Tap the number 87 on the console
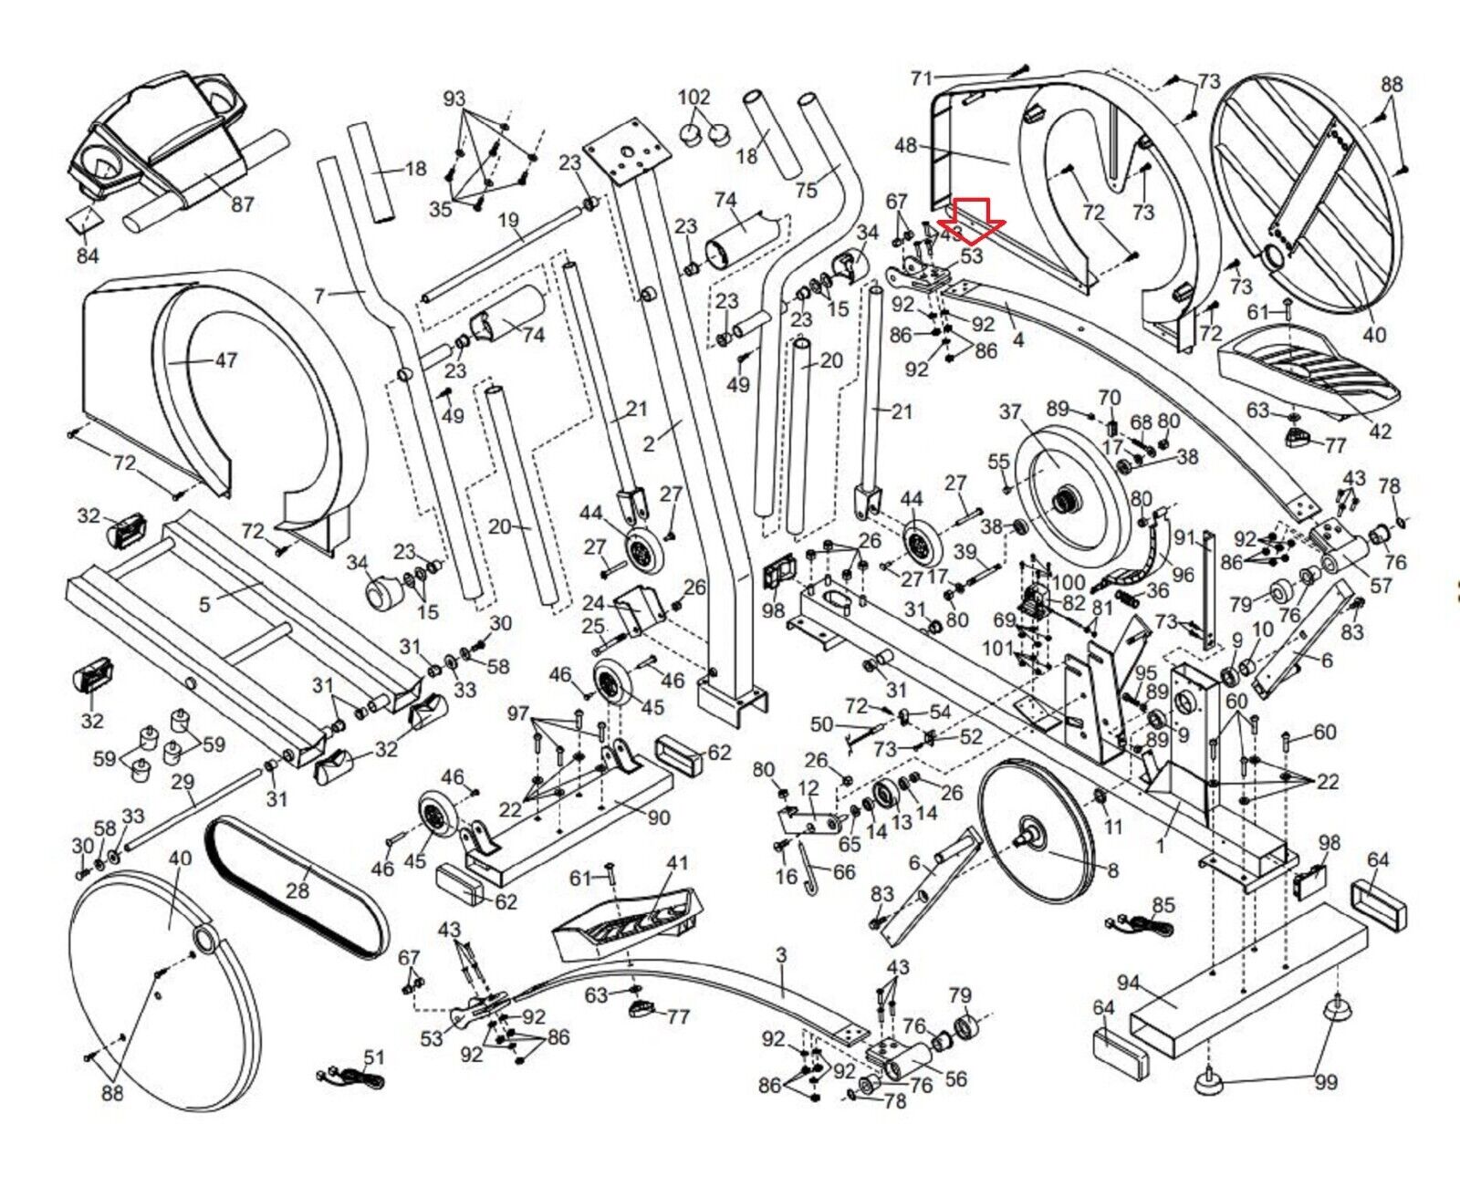click(x=242, y=203)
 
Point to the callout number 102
click(x=693, y=97)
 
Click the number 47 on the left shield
click(x=225, y=360)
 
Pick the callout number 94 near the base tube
click(x=1129, y=983)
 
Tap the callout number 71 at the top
click(x=922, y=78)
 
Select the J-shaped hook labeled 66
click(x=808, y=867)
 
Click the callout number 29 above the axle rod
click(x=182, y=782)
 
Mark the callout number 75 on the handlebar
click(x=806, y=189)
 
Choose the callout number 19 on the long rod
click(x=508, y=220)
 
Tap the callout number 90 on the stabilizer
click(x=659, y=817)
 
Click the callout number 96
click(x=1183, y=575)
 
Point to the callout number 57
click(x=1381, y=585)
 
